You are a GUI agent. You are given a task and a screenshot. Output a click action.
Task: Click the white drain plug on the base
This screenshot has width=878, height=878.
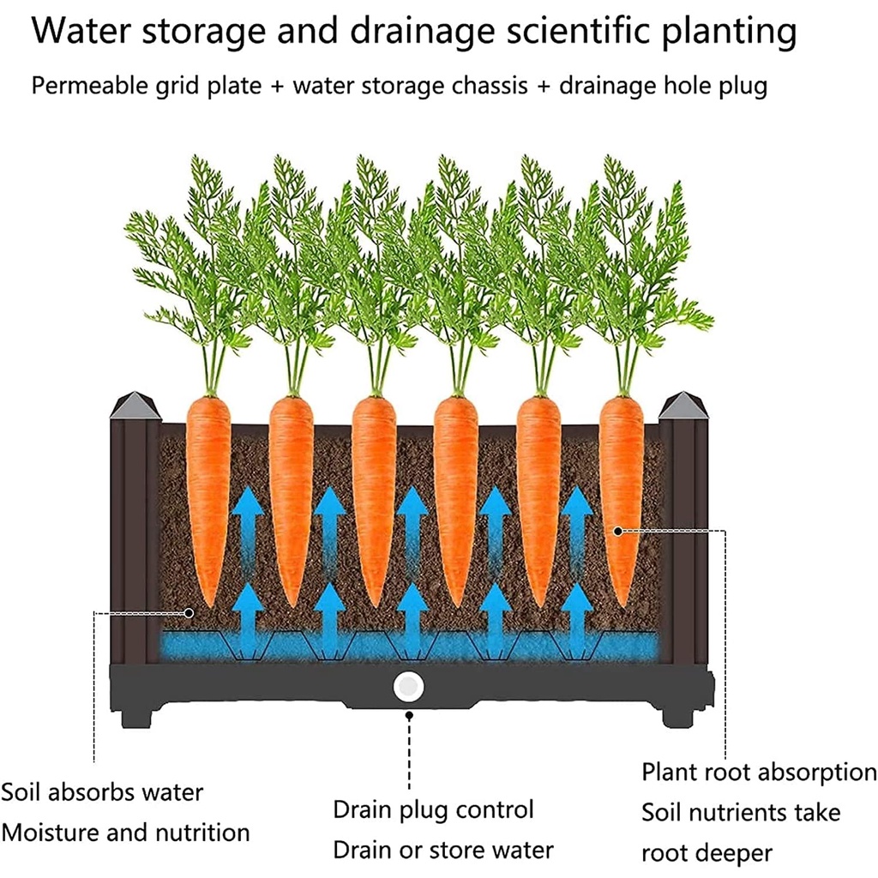tap(409, 687)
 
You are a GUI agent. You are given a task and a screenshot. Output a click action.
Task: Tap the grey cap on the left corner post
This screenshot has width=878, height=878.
tap(135, 406)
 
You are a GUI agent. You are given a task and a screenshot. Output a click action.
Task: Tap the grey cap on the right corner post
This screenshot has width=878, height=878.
tap(683, 406)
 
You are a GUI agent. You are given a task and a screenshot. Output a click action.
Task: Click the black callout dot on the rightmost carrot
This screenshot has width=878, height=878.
tap(617, 532)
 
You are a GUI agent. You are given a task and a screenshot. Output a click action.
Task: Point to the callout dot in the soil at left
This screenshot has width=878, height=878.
tap(189, 611)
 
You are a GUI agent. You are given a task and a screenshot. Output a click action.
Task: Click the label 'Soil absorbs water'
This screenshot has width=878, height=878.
tap(102, 792)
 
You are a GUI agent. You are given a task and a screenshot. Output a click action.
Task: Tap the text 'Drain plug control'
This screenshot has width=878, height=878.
tap(433, 810)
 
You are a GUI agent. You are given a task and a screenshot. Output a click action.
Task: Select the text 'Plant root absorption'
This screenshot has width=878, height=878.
tap(759, 772)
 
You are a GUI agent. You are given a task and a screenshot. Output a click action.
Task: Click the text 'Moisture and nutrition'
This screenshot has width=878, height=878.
tap(125, 832)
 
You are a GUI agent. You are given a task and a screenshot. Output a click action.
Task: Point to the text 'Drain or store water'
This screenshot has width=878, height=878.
tap(443, 851)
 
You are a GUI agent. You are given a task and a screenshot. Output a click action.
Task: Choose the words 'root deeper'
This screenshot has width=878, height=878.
tap(707, 853)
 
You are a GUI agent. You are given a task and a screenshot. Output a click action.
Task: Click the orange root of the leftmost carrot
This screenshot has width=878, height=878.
tap(208, 497)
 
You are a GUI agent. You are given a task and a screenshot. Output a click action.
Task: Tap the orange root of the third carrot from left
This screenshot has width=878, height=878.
tap(374, 497)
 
